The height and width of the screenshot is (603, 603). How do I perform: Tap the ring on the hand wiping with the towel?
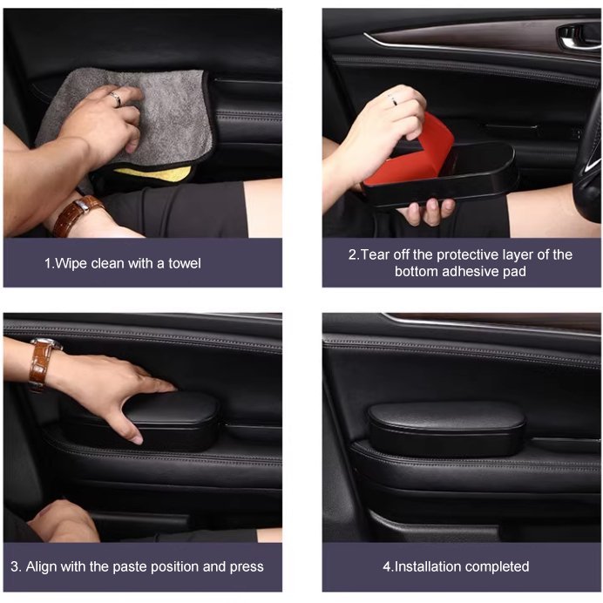point(115,99)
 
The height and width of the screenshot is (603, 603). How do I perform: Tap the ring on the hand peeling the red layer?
point(393,103)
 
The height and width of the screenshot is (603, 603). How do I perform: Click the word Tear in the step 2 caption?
point(376,254)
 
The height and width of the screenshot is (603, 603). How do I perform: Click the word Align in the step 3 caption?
point(44,566)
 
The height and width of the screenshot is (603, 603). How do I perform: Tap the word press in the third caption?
point(246,566)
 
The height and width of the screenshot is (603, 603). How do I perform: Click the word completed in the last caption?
point(498,566)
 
